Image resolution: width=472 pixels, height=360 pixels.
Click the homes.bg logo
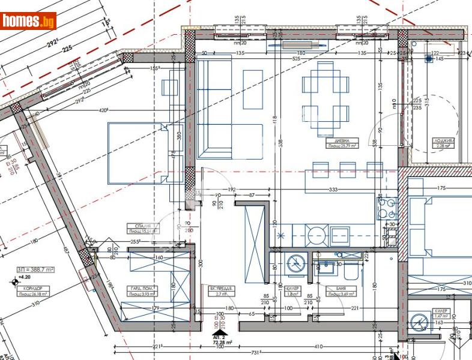pos(29,21)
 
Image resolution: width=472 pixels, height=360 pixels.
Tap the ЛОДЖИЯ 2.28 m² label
pos(444,143)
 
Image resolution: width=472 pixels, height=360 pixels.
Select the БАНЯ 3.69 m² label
pos(337,291)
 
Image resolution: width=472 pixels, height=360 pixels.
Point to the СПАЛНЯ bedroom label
pos(141,228)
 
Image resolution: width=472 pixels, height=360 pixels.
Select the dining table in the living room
pos(325,94)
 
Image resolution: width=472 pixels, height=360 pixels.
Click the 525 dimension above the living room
pos(295,59)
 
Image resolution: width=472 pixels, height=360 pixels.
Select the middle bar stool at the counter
pos(348,170)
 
